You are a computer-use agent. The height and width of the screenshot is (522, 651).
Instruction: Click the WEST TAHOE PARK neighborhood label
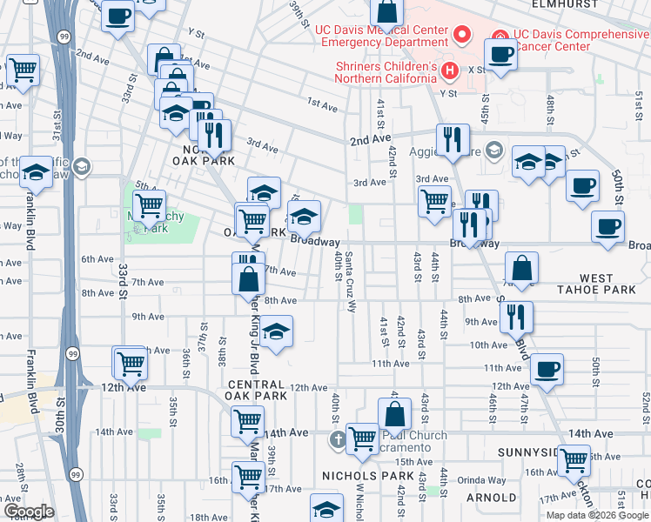pos(609,284)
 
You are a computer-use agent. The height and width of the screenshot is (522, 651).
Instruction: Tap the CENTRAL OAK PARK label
pos(256,390)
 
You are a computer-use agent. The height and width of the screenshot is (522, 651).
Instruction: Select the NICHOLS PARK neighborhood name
pos(360,476)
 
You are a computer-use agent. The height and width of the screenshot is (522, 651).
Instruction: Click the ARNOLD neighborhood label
pos(492,498)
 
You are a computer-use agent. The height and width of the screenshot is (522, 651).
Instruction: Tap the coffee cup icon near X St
pos(501,54)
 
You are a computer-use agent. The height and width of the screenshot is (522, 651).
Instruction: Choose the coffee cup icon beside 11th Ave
pos(547,368)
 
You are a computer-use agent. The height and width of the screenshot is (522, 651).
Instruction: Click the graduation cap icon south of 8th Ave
pos(276,331)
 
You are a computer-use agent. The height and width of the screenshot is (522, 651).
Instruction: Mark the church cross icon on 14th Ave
pos(339,439)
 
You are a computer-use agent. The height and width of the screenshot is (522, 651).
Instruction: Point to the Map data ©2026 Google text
pos(596,515)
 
